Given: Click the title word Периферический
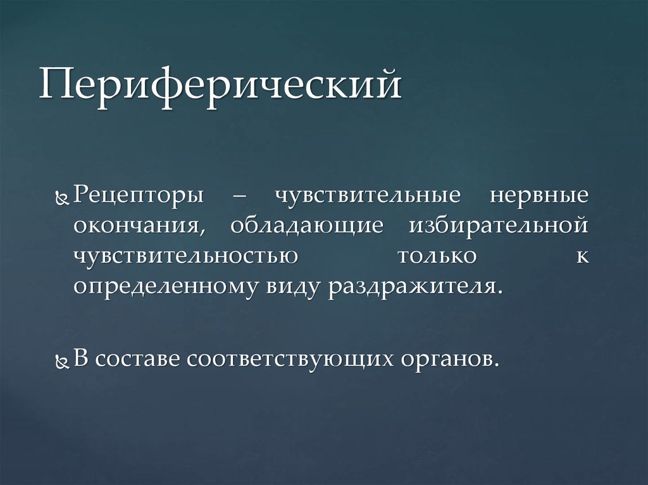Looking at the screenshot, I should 220,86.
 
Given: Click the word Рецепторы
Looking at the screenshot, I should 139,195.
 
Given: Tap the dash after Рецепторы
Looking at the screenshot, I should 240,196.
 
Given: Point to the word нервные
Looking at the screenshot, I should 539,195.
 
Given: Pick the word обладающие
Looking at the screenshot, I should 307,226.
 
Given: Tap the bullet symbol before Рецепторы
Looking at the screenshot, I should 61,199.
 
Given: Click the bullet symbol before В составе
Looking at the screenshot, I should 61,362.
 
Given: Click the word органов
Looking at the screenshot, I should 447,360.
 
